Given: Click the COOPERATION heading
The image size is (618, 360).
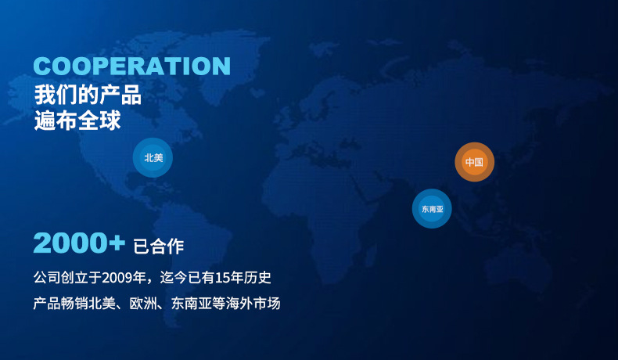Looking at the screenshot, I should [x=132, y=66].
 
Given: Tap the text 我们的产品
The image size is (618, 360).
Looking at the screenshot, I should [x=88, y=95].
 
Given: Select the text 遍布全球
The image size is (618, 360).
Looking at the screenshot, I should [x=77, y=121].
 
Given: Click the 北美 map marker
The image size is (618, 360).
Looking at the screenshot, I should [x=153, y=158].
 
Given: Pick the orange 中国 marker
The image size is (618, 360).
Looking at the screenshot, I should [x=474, y=162].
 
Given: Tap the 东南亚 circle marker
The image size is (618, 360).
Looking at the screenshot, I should [x=432, y=209].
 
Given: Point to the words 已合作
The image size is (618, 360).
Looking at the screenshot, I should [x=159, y=247].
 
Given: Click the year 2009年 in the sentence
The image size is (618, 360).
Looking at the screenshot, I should [x=130, y=278].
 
